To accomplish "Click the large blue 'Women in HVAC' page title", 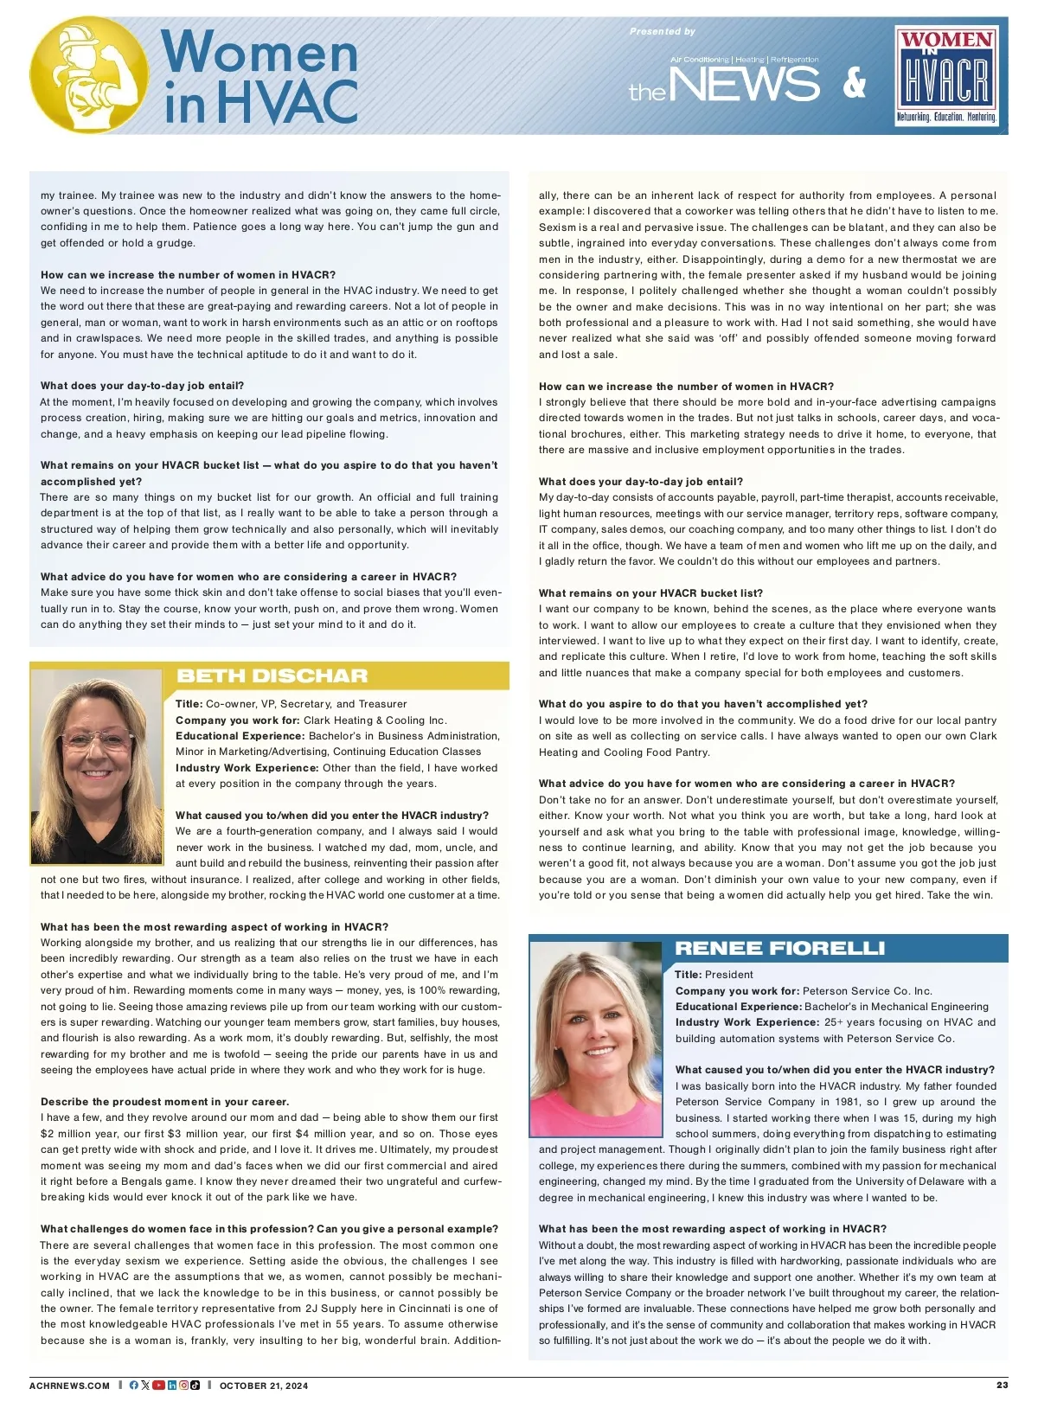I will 260,76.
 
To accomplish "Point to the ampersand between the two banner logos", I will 854,83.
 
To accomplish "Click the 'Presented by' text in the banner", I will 662,31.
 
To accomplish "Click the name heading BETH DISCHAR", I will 272,675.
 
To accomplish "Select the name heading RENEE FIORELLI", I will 779,949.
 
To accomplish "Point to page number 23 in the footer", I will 1002,1385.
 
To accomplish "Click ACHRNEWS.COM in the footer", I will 70,1386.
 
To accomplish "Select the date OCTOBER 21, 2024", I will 264,1386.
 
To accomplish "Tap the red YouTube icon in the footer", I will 158,1386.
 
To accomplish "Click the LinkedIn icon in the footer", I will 172,1386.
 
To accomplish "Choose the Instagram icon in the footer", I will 183,1386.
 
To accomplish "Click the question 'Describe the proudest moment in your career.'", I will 165,1102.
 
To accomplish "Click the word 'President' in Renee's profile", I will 729,975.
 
